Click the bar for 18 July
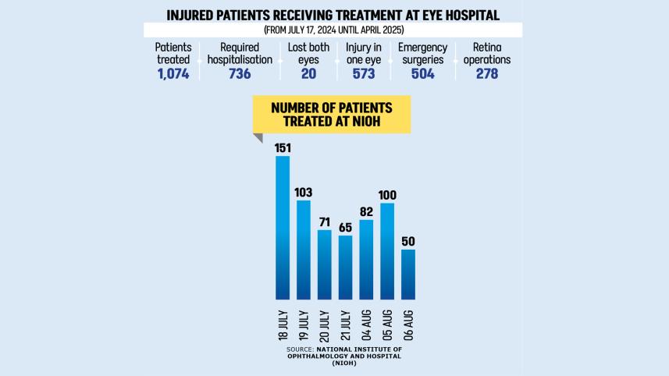tap(282, 228)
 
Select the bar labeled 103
tap(303, 250)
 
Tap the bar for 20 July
tap(324, 264)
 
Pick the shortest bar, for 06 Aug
tap(407, 275)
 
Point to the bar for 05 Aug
tap(386, 251)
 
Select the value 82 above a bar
tap(366, 211)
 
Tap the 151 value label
tap(282, 147)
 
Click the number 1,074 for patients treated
tap(173, 74)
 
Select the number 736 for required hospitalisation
tap(240, 74)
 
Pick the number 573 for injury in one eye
tap(363, 74)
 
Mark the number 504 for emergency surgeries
tap(422, 74)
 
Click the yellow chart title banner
tap(332, 114)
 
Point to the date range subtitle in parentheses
tap(333, 30)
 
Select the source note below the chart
tap(343, 355)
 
